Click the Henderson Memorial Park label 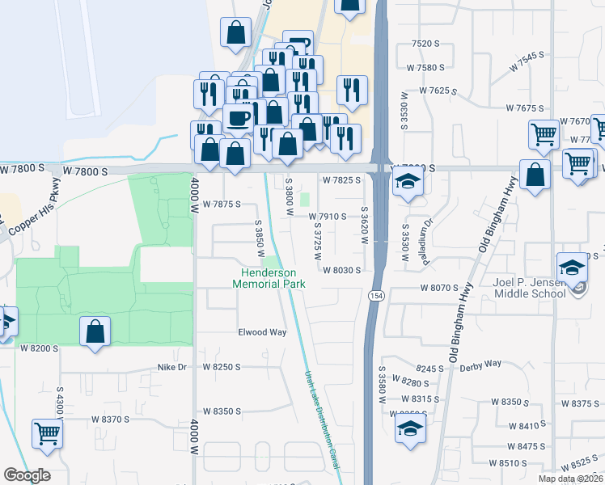tap(269, 278)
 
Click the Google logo tap(27, 475)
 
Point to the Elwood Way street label tap(262, 332)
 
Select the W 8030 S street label tap(341, 270)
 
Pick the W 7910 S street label tap(328, 217)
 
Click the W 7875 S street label tap(222, 205)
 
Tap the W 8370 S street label tap(111, 419)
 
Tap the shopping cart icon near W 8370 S tap(48, 434)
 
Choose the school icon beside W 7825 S tap(408, 181)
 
